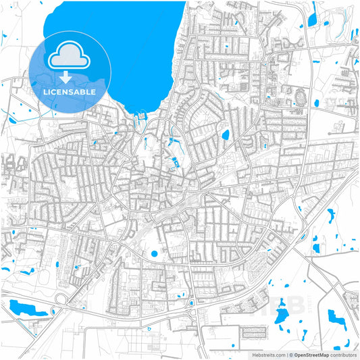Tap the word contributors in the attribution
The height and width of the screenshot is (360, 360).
[x=343, y=354]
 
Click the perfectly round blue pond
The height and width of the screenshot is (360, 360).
[x=155, y=254]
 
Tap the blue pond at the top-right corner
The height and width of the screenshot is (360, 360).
[x=313, y=17]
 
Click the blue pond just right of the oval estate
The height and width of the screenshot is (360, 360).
[x=315, y=103]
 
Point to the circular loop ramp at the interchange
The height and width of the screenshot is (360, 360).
[x=62, y=298]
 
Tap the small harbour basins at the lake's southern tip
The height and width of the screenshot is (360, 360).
[x=142, y=120]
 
